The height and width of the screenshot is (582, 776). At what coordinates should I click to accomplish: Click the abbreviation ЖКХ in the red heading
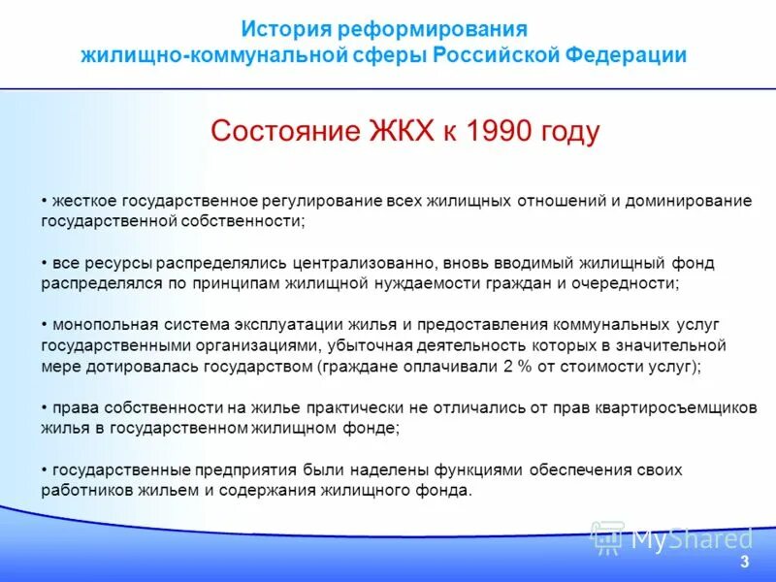[402, 132]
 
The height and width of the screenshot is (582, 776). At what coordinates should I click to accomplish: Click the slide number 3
[744, 563]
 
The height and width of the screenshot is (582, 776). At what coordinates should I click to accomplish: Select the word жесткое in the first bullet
[85, 201]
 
